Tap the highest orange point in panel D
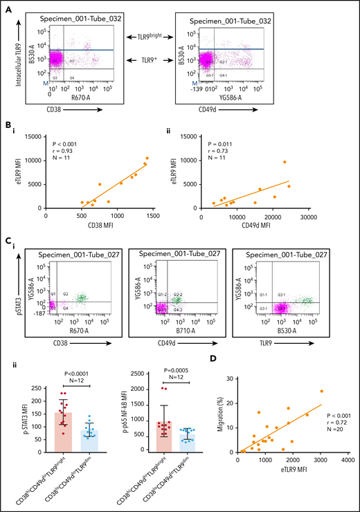pyautogui.click(x=321, y=391)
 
